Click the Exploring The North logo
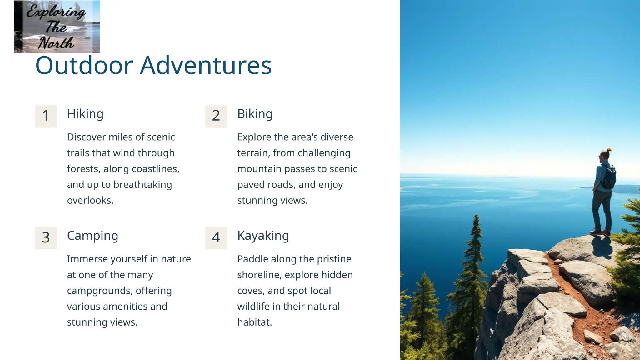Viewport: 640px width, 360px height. click(x=57, y=27)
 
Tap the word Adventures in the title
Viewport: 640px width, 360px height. click(x=206, y=66)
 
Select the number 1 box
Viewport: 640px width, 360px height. click(x=46, y=116)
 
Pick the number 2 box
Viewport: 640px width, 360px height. click(x=216, y=116)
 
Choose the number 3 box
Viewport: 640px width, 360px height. click(x=46, y=238)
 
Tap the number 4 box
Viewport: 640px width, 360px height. click(x=216, y=238)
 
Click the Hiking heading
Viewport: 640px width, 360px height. click(x=85, y=114)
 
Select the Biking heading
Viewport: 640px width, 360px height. click(x=255, y=114)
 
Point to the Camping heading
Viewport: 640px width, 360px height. click(x=92, y=236)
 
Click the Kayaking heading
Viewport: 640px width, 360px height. click(x=263, y=236)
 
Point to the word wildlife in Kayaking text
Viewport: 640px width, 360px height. click(x=253, y=307)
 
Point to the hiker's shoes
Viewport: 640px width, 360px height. click(x=600, y=232)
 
